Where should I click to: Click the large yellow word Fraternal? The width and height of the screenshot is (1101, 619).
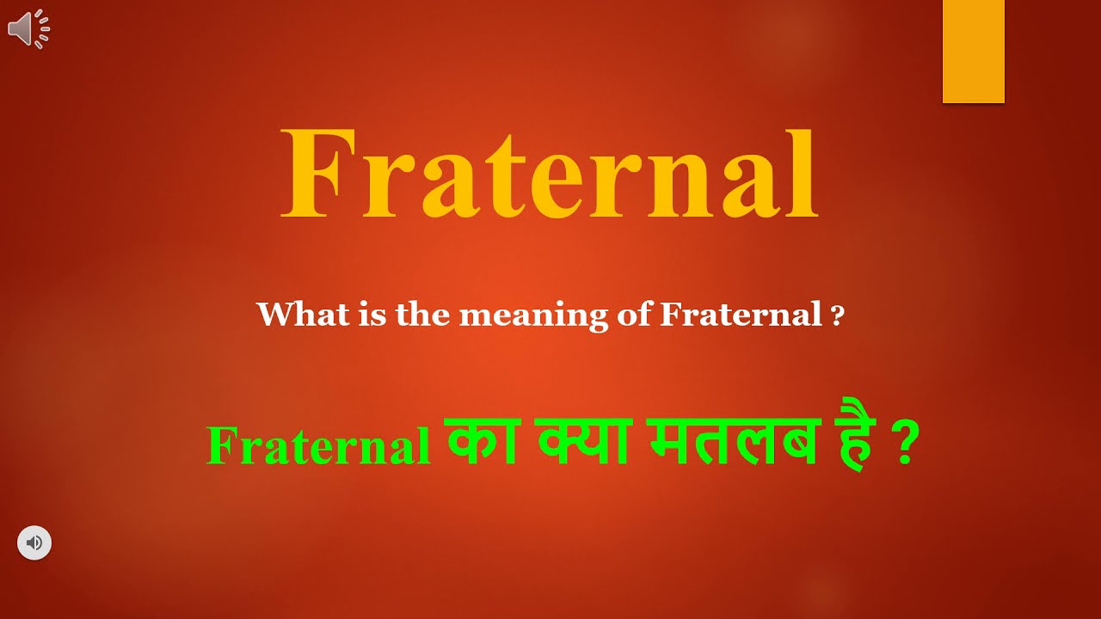point(549,175)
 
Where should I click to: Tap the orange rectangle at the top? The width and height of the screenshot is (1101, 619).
point(973,52)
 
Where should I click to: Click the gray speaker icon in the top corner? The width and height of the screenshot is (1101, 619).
point(28,28)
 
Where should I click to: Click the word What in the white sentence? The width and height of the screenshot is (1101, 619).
point(290,315)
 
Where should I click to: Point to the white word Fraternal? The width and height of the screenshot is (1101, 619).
point(741,315)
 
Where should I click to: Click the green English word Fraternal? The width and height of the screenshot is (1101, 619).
point(318,447)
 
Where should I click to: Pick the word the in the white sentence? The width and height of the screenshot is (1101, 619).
point(423,315)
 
